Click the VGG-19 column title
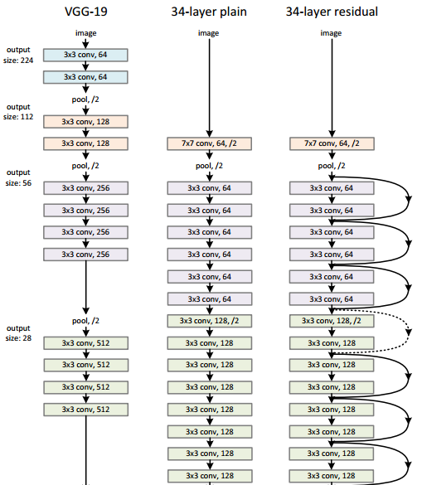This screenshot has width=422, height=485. [86, 12]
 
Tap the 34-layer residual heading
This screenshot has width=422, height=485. [332, 12]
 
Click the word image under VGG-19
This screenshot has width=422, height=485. [86, 33]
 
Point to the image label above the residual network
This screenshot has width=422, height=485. [332, 33]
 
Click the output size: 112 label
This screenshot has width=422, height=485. [18, 112]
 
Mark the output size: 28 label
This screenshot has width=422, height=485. [18, 333]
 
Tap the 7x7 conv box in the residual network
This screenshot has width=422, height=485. [332, 144]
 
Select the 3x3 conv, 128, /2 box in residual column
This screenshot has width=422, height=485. [332, 320]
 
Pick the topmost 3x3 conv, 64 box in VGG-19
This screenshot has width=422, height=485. [86, 55]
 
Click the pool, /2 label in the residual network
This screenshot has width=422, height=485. [332, 166]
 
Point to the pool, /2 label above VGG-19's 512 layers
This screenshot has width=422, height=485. [86, 320]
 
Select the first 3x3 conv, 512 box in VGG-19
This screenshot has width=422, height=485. [86, 342]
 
